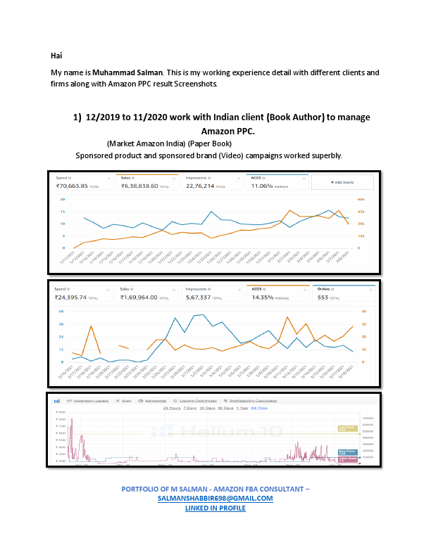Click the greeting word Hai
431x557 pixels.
[x=56, y=55]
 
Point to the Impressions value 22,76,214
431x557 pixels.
[x=204, y=186]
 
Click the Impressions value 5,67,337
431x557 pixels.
[x=202, y=297]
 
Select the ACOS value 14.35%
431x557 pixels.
[x=266, y=297]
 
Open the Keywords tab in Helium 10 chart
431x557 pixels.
[x=155, y=401]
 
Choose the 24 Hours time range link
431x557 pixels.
[x=171, y=408]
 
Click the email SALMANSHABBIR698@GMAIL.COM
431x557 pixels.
[x=215, y=498]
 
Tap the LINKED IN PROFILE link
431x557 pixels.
[x=215, y=507]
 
